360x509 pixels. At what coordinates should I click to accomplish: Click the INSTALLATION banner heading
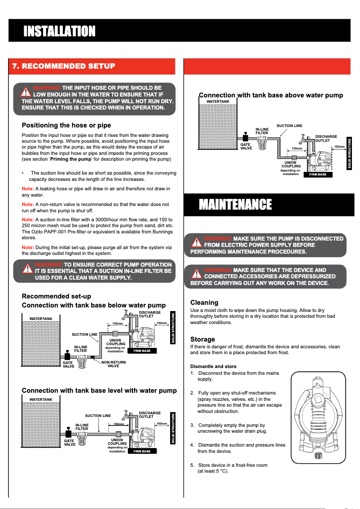pyautogui.click(x=59, y=31)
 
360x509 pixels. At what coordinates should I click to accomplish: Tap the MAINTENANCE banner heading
pyautogui.click(x=235, y=205)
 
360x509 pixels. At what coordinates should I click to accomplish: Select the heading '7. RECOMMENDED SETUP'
pyautogui.click(x=63, y=66)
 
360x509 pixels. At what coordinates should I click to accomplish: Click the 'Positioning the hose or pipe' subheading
pyautogui.click(x=66, y=125)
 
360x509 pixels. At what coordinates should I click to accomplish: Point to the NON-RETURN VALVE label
pyautogui.click(x=114, y=364)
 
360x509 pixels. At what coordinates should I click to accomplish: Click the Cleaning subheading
pyautogui.click(x=204, y=303)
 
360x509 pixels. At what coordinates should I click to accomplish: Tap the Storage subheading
pyautogui.click(x=202, y=339)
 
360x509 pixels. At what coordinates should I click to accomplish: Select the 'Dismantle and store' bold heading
pyautogui.click(x=213, y=366)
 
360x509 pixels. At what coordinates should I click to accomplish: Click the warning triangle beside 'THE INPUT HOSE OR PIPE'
pyautogui.click(x=27, y=92)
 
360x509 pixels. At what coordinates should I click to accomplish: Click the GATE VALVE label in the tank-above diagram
pyautogui.click(x=246, y=146)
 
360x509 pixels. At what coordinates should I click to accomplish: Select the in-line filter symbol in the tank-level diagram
pyautogui.click(x=82, y=439)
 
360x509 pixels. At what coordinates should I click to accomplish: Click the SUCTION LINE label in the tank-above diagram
pyautogui.click(x=289, y=126)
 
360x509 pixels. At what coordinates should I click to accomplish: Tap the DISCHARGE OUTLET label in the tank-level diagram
pyautogui.click(x=150, y=414)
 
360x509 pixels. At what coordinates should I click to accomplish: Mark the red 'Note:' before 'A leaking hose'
pyautogui.click(x=28, y=189)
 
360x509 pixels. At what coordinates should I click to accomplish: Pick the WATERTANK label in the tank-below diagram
pyautogui.click(x=41, y=318)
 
